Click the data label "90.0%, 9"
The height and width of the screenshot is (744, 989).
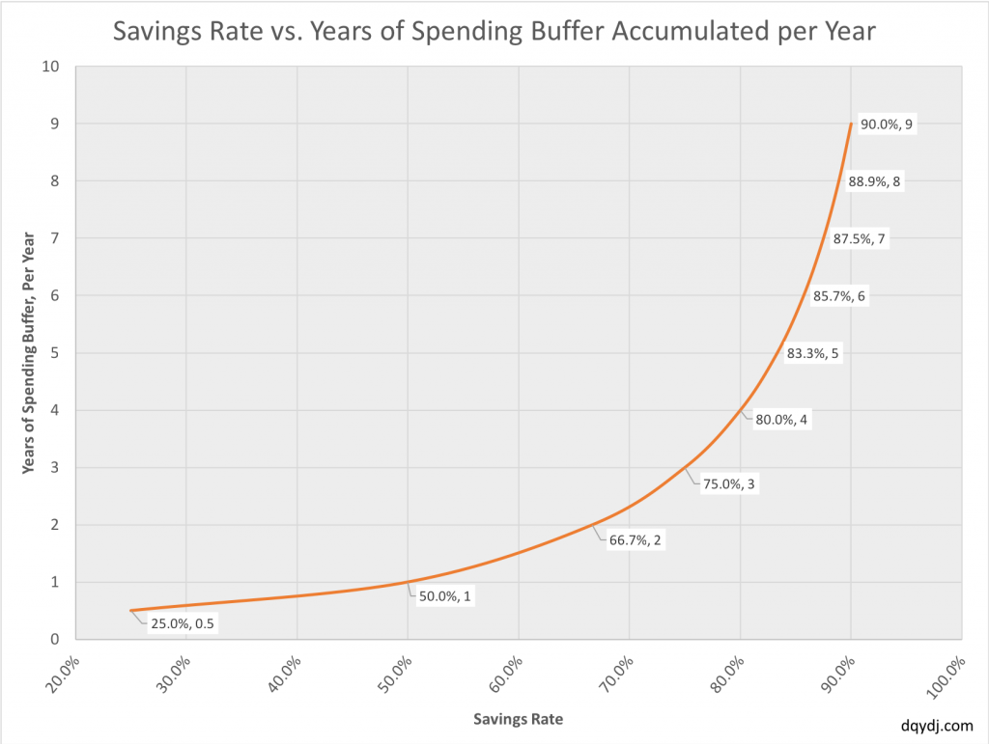tap(886, 124)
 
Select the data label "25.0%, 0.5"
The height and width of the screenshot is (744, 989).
tap(183, 623)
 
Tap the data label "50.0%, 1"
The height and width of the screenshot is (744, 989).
tap(445, 596)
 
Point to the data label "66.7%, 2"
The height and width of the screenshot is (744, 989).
tap(636, 540)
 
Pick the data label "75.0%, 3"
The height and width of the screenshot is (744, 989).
tap(729, 484)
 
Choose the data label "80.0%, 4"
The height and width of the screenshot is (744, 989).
tap(781, 420)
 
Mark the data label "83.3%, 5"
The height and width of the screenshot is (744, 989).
tap(813, 353)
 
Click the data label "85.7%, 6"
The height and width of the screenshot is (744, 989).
tap(839, 296)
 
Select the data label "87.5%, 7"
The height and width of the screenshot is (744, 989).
tap(859, 239)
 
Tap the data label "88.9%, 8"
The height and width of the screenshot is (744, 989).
tap(874, 181)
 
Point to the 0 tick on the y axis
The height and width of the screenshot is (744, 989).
tap(56, 639)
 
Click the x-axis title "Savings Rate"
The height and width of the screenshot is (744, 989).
tap(518, 719)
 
